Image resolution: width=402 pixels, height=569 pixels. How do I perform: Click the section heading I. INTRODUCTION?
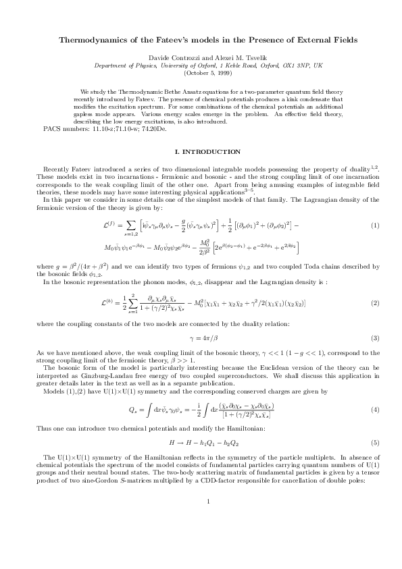201,152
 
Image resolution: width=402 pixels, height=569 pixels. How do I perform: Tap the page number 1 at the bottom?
201,519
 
